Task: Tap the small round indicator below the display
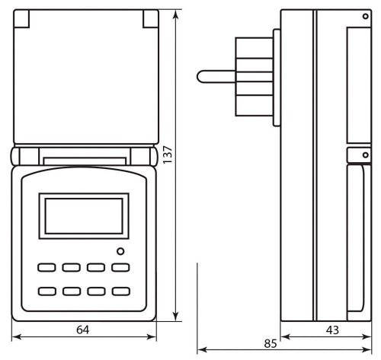tap(120, 252)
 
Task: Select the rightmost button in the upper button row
tap(120, 268)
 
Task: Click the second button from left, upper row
tap(72, 268)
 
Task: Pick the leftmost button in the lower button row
tap(47, 292)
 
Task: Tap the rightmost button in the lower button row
tap(120, 292)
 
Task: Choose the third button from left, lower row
tap(96, 292)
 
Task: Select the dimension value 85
tap(271, 343)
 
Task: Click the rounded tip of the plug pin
tap(201, 75)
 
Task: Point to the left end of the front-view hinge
tap(16, 157)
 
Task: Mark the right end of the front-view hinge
tap(154, 157)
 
